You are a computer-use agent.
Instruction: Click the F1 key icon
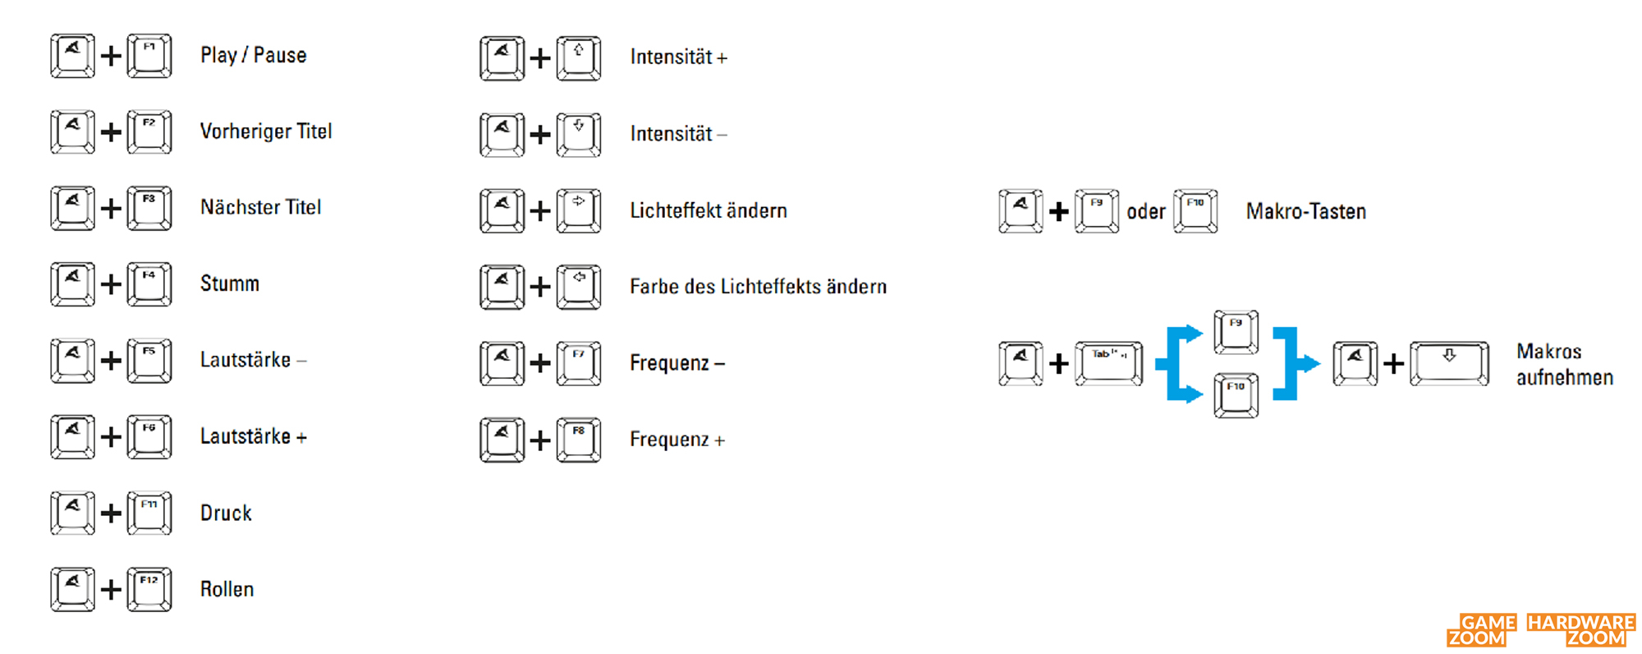[x=149, y=56]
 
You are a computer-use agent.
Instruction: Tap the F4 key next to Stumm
[x=149, y=284]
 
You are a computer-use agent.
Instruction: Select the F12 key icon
[x=149, y=589]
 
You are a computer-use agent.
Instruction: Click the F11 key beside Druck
[x=149, y=513]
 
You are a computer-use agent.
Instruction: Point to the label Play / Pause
[x=254, y=56]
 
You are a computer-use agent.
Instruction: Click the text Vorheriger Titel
[x=266, y=131]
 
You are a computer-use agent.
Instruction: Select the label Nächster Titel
[x=260, y=207]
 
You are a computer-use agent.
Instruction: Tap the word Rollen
[x=227, y=589]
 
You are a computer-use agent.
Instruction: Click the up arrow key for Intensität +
[x=579, y=58]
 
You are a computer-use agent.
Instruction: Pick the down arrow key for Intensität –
[x=579, y=135]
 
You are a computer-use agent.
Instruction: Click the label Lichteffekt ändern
[x=709, y=210]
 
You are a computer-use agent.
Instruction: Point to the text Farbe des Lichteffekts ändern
[x=758, y=287]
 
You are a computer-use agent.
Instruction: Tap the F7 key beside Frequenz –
[x=579, y=363]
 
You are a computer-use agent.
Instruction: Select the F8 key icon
[x=579, y=440]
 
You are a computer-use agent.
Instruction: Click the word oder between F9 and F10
[x=1146, y=212]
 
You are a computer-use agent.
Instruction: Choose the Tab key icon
[x=1108, y=363]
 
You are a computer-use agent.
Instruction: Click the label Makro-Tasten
[x=1306, y=211]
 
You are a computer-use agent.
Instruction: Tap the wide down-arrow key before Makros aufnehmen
[x=1449, y=363]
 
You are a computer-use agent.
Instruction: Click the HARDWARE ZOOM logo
[x=1581, y=630]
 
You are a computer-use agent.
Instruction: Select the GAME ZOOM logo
[x=1482, y=630]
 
